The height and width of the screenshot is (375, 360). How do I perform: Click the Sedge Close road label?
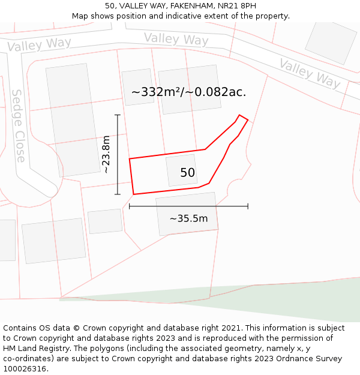point(19,126)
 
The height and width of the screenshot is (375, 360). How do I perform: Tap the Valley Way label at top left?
point(39,44)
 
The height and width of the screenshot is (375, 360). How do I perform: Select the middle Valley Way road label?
point(176,39)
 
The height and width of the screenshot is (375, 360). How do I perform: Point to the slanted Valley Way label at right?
point(309,73)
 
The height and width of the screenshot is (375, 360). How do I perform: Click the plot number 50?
point(187,173)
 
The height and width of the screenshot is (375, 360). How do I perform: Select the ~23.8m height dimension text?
point(106,154)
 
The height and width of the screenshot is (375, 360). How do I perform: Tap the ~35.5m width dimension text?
point(188,218)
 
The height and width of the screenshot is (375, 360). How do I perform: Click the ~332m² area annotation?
point(188,92)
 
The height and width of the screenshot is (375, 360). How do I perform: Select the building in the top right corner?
point(331,43)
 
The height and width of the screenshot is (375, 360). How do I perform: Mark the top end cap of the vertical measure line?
point(118,115)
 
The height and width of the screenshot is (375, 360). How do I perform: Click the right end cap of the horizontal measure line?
point(248,206)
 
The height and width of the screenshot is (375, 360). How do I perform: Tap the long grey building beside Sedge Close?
point(73,120)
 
